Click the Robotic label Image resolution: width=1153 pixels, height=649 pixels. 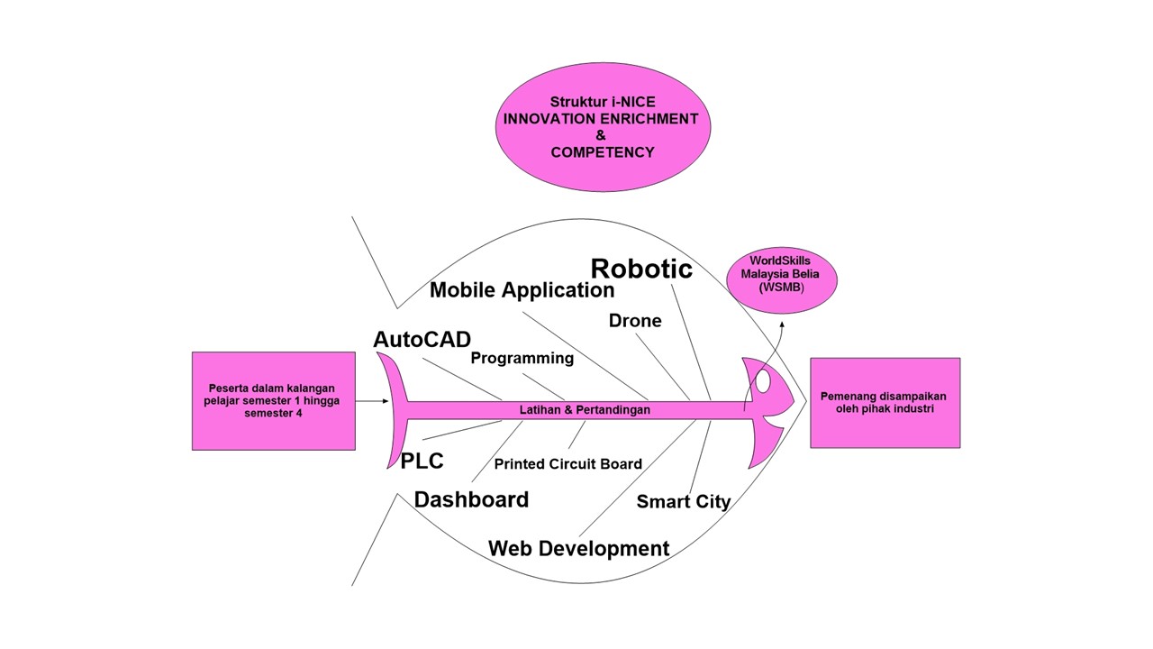(641, 269)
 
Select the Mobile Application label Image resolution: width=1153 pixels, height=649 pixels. (522, 290)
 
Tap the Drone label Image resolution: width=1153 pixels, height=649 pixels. (635, 321)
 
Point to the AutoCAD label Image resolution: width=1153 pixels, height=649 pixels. (422, 340)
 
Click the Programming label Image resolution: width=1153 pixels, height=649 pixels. (522, 358)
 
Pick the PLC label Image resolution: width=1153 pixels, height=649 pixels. (422, 461)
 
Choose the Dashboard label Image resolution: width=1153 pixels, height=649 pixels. (471, 499)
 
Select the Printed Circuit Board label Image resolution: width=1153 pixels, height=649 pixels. (567, 464)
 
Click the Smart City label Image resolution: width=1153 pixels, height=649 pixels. (684, 502)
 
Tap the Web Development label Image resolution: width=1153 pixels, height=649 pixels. (578, 548)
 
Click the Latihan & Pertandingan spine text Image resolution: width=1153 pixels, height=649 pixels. (585, 409)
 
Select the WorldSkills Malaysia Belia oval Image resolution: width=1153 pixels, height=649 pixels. (781, 275)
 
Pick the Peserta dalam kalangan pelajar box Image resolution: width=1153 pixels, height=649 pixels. (273, 401)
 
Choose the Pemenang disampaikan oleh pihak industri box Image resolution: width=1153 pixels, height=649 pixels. (884, 402)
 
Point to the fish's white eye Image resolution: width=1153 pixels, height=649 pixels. (763, 382)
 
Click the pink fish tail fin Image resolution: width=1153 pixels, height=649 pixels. (392, 410)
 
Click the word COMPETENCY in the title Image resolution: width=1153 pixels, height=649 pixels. (602, 152)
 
